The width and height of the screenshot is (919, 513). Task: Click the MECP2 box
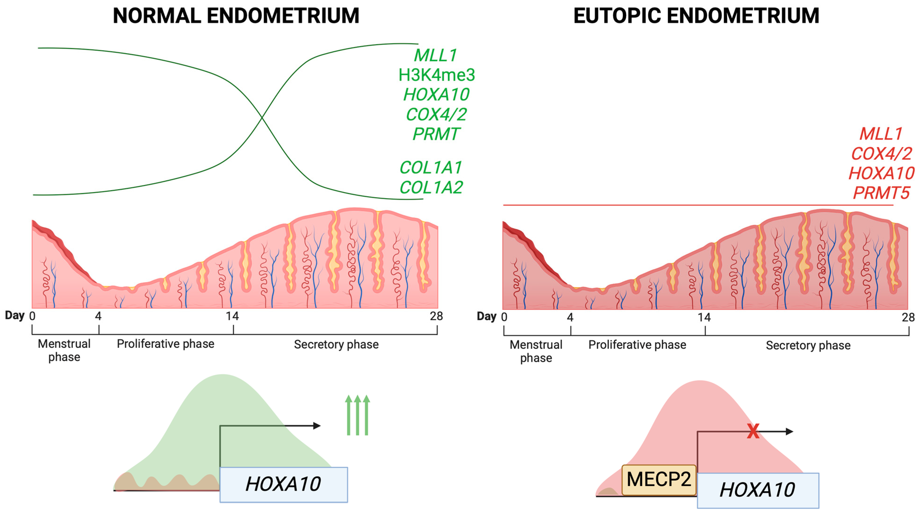(659, 480)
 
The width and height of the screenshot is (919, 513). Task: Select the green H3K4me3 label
(436, 75)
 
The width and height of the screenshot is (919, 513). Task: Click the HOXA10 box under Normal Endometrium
(284, 484)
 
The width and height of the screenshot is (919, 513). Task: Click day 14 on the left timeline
(232, 316)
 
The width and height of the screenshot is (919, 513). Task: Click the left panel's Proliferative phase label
(166, 344)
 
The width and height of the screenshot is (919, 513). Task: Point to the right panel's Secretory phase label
(808, 345)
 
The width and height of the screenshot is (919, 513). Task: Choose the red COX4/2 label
(881, 154)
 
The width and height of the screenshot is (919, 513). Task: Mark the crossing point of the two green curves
(262, 117)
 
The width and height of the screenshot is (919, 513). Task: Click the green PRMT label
(436, 134)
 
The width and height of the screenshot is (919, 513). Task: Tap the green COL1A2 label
(431, 187)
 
